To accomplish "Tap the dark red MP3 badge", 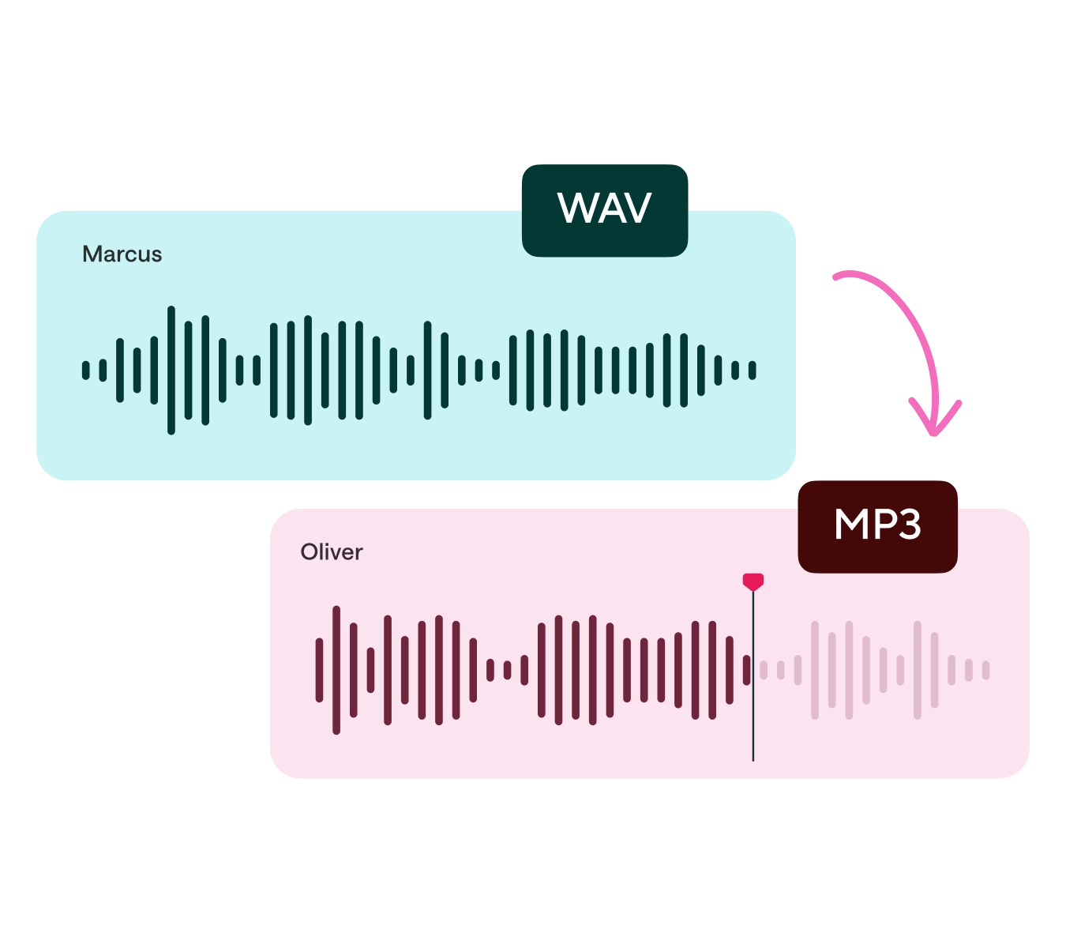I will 877,526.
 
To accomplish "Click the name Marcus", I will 122,254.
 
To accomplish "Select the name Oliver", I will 331,552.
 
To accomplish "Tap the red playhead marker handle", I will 753,581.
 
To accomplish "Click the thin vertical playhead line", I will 753,711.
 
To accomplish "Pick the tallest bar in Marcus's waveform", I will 171,370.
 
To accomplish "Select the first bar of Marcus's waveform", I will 86,370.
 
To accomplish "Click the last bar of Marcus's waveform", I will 753,370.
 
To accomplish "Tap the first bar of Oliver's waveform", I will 319,670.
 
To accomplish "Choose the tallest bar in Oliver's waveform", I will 336,670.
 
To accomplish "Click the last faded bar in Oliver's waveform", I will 985,670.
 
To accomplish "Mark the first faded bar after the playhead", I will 764,670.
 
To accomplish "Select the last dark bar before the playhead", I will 746,670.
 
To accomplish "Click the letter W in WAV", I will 574,209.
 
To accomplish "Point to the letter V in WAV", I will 636,209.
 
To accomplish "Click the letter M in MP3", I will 849,525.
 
